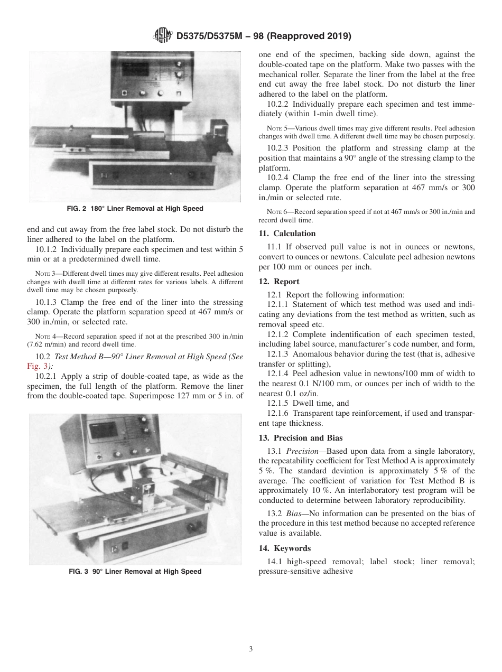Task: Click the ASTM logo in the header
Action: tap(161, 36)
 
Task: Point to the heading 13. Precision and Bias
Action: tap(301, 437)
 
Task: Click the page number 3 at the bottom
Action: tap(251, 649)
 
